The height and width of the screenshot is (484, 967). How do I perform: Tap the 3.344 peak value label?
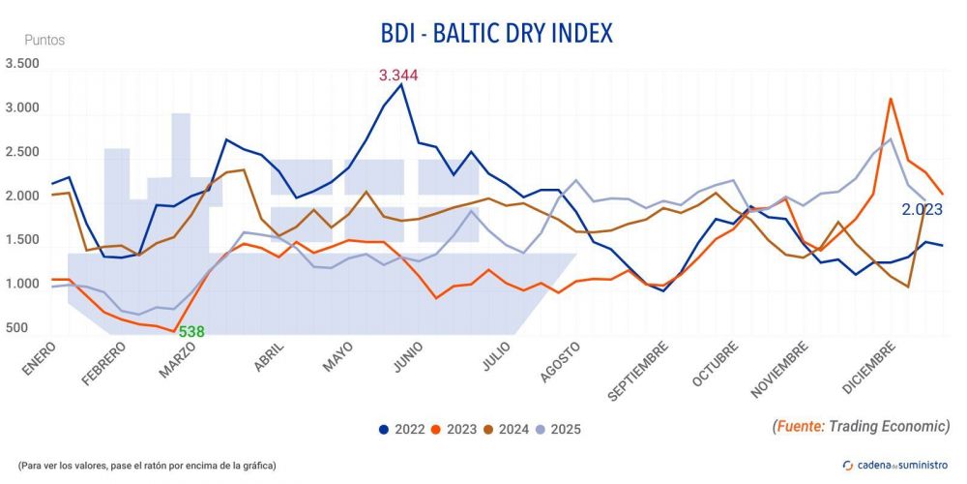(398, 76)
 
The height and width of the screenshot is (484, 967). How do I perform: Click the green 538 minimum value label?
(190, 332)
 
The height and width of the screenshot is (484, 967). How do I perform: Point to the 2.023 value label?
(922, 209)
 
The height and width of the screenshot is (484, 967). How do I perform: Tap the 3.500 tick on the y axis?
(23, 64)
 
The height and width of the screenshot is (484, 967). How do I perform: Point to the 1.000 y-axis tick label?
(23, 285)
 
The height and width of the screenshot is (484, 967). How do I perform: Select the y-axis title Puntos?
(44, 41)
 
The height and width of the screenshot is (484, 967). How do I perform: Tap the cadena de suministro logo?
(895, 465)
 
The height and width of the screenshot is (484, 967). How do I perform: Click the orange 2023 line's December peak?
(890, 99)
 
